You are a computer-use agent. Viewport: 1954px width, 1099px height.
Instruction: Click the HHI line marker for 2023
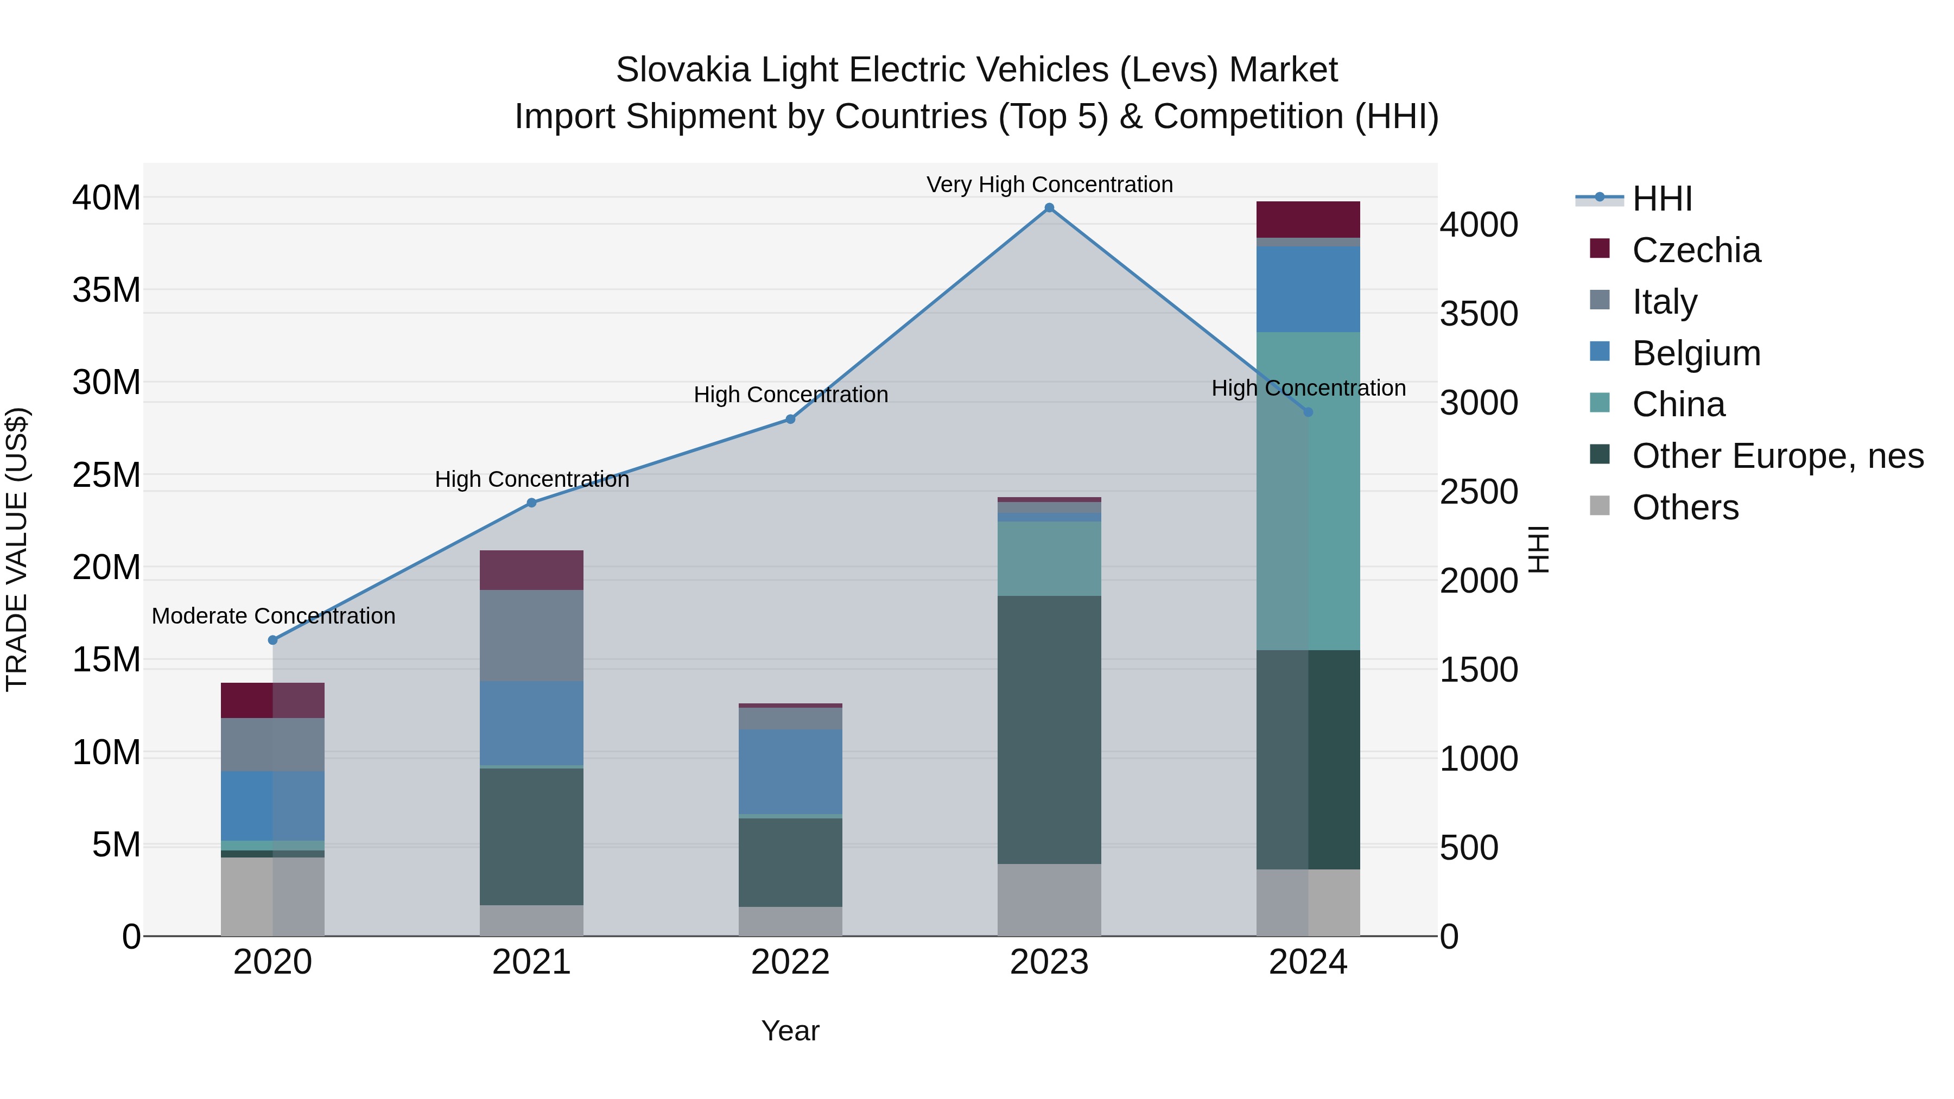point(1049,208)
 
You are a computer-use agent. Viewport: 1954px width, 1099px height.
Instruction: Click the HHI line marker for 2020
point(273,640)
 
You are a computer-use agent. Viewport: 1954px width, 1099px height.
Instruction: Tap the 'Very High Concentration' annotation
point(1049,185)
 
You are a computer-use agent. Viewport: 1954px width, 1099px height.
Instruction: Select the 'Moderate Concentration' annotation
point(273,616)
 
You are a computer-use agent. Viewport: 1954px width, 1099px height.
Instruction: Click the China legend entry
point(1678,404)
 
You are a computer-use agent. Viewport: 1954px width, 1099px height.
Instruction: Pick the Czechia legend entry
point(1696,250)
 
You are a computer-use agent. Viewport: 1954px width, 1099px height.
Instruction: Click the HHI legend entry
point(1661,199)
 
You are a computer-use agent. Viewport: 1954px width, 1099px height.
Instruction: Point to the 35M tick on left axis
point(106,290)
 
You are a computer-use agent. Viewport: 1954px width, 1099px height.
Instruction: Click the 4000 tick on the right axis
point(1479,225)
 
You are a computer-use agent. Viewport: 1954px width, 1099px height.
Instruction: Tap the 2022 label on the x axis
point(790,962)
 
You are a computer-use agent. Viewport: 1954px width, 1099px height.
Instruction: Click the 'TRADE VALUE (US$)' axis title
point(17,549)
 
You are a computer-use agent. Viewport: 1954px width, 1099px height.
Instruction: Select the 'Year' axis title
point(790,1031)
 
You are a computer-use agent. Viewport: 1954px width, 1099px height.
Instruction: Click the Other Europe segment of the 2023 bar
point(1049,729)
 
